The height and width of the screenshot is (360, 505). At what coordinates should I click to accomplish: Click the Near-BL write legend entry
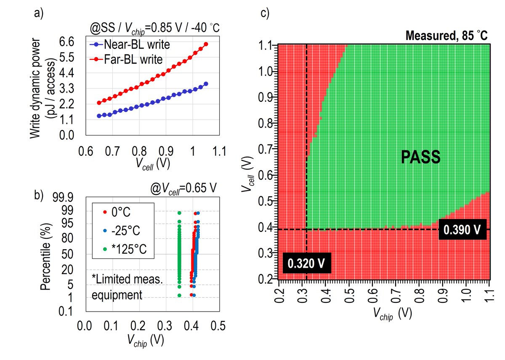(130, 45)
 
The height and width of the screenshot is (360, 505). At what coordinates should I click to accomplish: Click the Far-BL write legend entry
(126, 59)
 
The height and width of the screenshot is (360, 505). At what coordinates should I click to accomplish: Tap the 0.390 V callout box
(462, 229)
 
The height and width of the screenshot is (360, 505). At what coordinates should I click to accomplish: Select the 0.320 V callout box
(307, 263)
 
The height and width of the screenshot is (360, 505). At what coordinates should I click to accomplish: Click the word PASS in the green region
(421, 157)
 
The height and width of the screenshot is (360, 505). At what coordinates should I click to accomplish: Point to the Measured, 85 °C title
(447, 35)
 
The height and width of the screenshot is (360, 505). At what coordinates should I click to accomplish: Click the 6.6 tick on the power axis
(67, 42)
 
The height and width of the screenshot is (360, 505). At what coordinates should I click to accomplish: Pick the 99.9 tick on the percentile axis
(63, 197)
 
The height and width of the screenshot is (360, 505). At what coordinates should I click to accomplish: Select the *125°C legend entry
(125, 249)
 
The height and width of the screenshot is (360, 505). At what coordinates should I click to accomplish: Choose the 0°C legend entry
(117, 212)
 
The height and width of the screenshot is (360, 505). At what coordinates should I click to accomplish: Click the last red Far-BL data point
(206, 44)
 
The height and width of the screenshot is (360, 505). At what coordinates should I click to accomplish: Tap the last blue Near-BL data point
(206, 84)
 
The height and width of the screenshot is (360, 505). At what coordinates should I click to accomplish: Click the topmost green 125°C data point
(179, 213)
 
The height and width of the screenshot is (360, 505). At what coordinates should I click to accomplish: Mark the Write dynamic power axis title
(43, 88)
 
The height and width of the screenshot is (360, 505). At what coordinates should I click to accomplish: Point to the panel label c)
(265, 13)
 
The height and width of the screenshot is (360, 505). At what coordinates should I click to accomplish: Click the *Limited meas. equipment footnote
(128, 287)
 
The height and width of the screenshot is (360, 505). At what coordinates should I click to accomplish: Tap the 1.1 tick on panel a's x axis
(219, 151)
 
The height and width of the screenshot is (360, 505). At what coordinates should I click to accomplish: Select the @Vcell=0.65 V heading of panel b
(183, 188)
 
